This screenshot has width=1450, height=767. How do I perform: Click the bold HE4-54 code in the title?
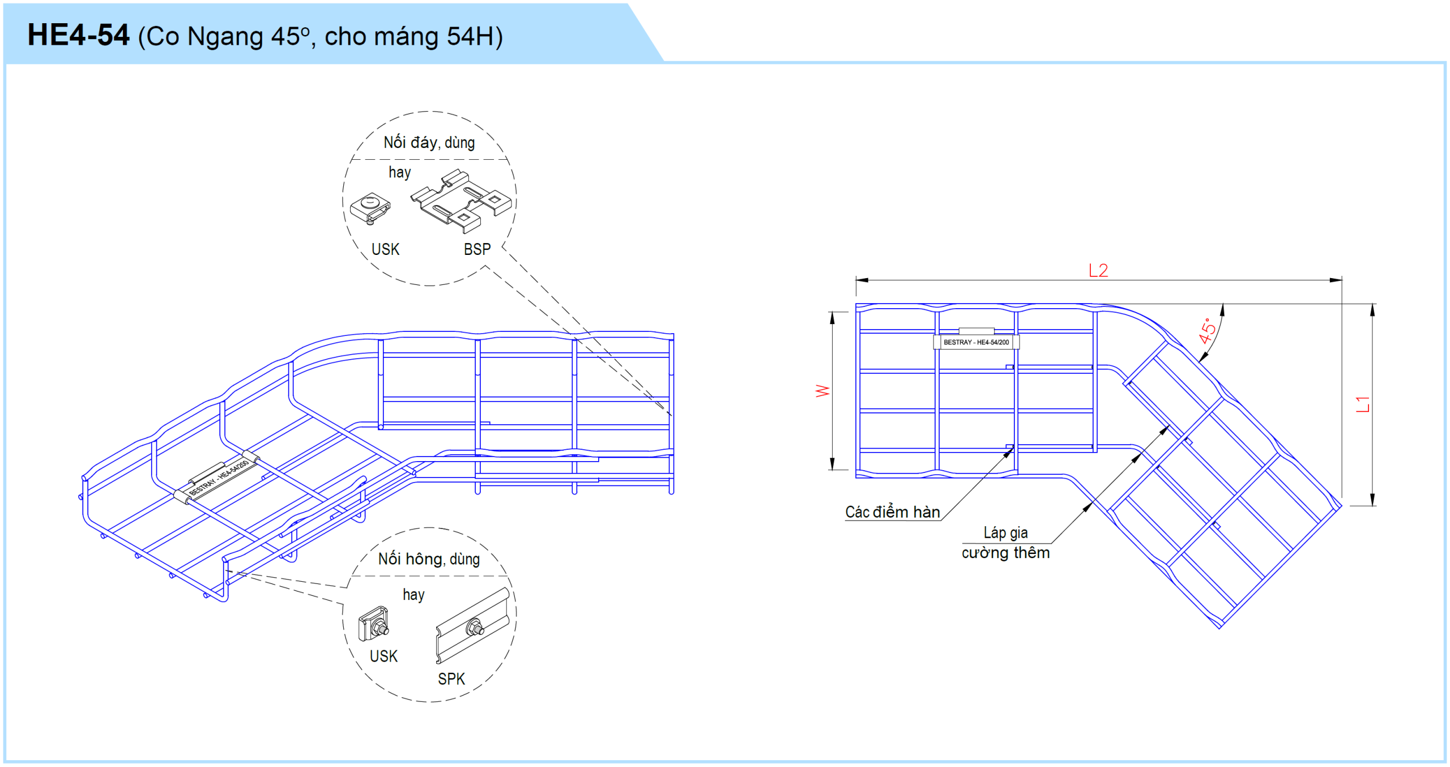click(78, 35)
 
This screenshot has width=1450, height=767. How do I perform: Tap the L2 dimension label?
click(1098, 270)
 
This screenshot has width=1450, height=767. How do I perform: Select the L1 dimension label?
click(1363, 404)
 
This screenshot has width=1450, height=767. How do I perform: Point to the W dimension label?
click(822, 391)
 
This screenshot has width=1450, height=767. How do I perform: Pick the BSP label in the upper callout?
click(477, 249)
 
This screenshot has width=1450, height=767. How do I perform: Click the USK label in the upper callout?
click(385, 249)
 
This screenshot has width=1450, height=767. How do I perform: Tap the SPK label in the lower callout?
click(451, 679)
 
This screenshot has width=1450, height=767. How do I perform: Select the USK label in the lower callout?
click(383, 656)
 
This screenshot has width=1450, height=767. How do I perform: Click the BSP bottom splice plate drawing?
click(460, 201)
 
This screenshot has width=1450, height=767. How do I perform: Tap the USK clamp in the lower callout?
click(374, 624)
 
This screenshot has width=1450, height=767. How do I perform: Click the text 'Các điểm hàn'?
click(892, 512)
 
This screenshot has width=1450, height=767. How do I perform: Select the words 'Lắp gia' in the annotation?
click(1005, 532)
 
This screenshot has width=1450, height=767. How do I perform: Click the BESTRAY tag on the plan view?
click(976, 342)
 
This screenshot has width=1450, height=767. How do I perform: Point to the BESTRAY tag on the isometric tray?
click(218, 479)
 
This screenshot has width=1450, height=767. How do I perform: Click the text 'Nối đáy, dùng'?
click(429, 142)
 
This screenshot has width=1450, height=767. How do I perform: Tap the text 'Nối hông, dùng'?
click(429, 559)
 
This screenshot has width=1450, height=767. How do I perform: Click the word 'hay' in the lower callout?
click(413, 595)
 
